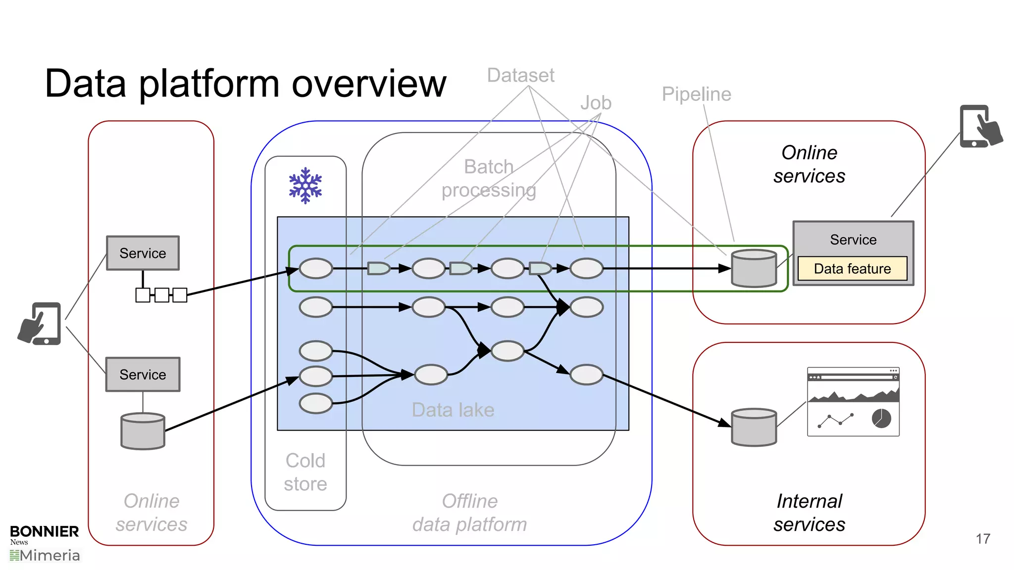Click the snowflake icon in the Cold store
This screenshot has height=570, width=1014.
click(x=305, y=186)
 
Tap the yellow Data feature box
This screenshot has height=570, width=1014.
click(x=852, y=269)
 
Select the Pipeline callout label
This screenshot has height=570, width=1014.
click(x=696, y=94)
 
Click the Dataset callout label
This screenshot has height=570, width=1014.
click(x=520, y=75)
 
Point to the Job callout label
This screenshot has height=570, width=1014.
click(x=596, y=103)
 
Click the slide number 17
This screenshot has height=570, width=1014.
click(x=983, y=538)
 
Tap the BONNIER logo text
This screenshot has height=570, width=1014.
click(x=44, y=531)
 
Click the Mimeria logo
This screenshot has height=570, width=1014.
click(x=45, y=556)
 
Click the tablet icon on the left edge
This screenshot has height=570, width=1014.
click(x=41, y=324)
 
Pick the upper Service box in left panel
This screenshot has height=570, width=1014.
click(x=143, y=253)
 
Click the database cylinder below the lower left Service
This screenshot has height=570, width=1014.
click(x=143, y=431)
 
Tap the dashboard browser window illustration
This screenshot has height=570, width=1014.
click(x=853, y=401)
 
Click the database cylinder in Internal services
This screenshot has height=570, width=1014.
click(x=754, y=427)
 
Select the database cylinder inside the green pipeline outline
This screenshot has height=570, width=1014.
click(x=754, y=268)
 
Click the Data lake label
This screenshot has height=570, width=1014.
click(x=453, y=410)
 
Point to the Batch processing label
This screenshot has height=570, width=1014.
click(x=488, y=178)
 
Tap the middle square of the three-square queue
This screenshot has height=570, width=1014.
click(x=161, y=295)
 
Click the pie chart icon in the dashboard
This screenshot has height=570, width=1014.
click(x=881, y=419)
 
